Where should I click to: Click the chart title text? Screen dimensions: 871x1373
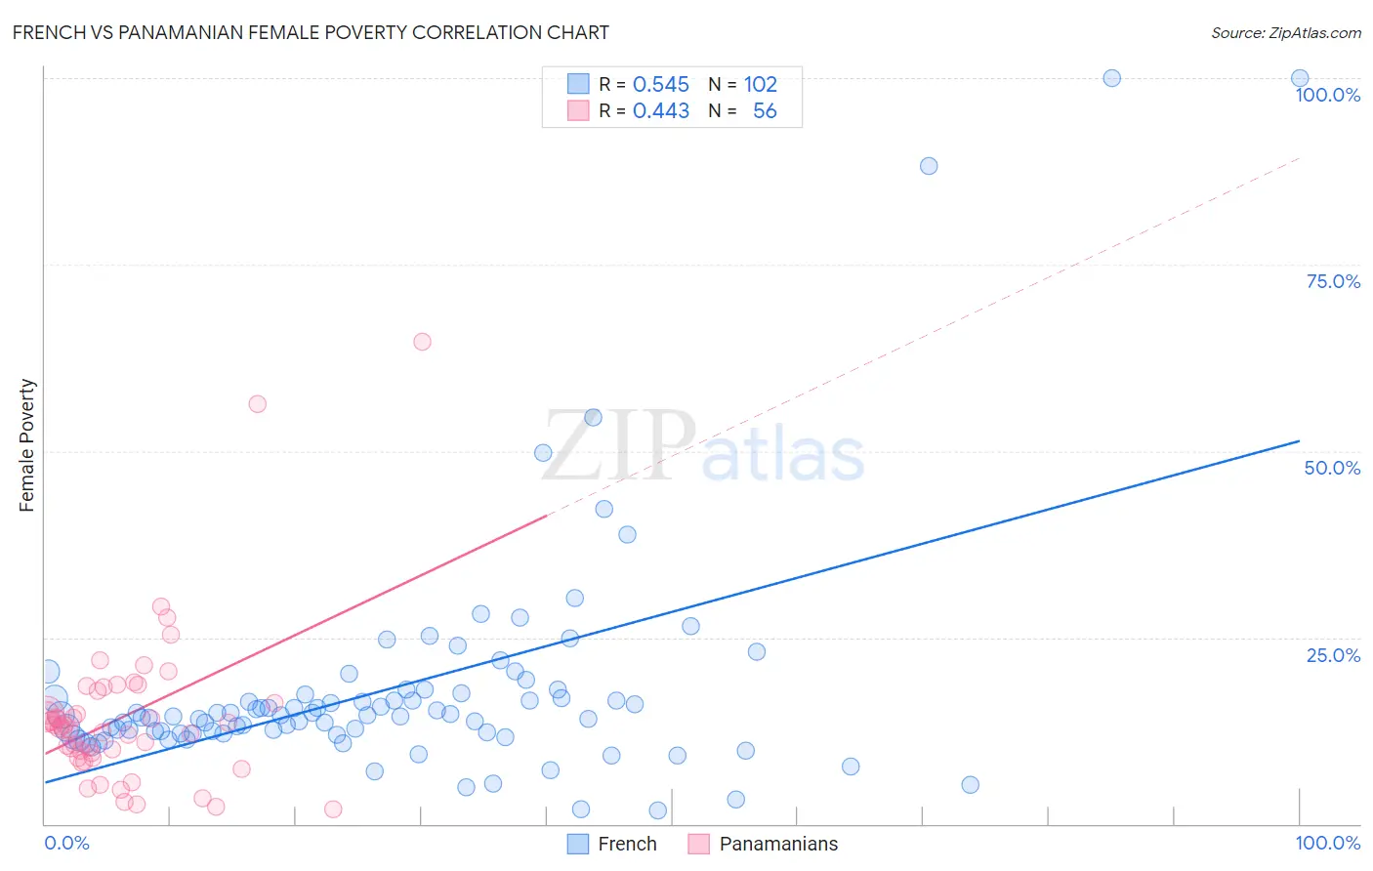click(x=311, y=33)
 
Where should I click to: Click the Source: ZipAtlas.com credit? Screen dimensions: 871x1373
click(x=1285, y=33)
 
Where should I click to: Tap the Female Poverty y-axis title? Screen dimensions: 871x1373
click(x=27, y=445)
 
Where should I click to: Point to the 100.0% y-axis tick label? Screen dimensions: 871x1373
click(x=1327, y=95)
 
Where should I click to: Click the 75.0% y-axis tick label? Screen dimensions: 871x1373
click(x=1333, y=281)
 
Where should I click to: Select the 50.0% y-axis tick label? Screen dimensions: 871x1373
click(x=1332, y=468)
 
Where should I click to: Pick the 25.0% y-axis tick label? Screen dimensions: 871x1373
click(x=1333, y=654)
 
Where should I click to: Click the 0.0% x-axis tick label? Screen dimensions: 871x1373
click(x=66, y=843)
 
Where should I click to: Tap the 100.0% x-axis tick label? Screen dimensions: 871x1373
click(x=1327, y=843)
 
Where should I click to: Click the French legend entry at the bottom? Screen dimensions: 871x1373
click(x=612, y=844)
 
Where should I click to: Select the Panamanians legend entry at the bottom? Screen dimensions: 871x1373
click(x=764, y=844)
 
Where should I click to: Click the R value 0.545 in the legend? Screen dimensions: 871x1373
click(x=660, y=84)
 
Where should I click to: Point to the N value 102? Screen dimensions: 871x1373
click(x=760, y=84)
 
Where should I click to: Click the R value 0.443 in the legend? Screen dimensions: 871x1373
click(x=660, y=110)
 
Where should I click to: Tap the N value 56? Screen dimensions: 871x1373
click(x=765, y=110)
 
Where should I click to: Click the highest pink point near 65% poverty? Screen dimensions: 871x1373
click(x=422, y=342)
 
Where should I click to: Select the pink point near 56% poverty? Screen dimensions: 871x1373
click(x=258, y=404)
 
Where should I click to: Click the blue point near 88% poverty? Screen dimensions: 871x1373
click(x=929, y=166)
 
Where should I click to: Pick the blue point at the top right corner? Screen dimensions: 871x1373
click(x=1300, y=78)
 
